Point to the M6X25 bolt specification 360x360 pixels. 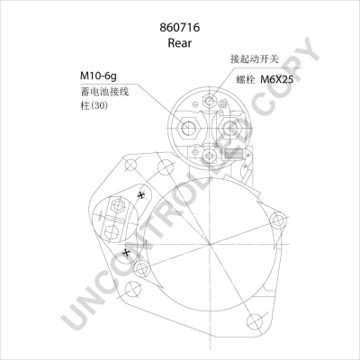279,80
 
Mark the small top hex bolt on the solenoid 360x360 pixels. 208,102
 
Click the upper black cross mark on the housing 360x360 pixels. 142,196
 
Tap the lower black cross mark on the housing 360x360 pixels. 127,253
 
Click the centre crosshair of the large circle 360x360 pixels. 210,245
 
